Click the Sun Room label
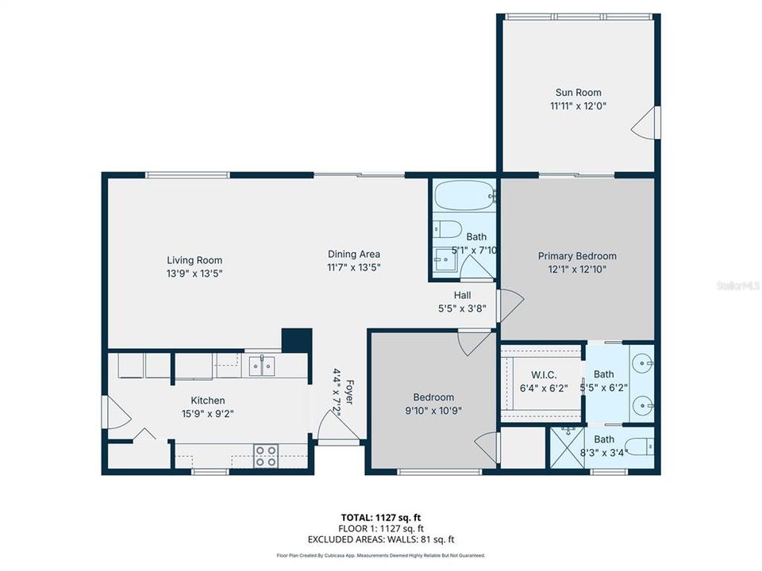pos(578,93)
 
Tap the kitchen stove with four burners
pos(266,455)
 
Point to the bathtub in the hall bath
pos(464,195)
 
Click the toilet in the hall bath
pos(448,229)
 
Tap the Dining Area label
pos(354,254)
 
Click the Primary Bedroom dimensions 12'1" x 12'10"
pos(577,269)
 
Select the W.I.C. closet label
pos(543,374)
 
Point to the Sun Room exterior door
pos(646,123)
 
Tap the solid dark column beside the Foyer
pos(296,339)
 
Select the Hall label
pos(463,295)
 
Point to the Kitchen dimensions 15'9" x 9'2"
pos(207,412)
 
